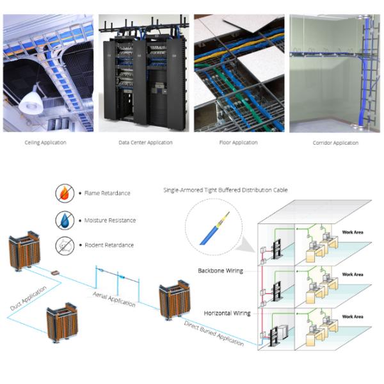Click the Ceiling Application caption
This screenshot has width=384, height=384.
[x=45, y=143]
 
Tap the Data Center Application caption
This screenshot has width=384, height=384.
[x=145, y=143]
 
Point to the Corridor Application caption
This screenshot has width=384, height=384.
[x=335, y=143]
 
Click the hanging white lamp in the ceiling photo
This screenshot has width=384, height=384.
[x=31, y=100]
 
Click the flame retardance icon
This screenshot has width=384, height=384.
[x=65, y=192]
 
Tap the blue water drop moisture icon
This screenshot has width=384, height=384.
[x=65, y=219]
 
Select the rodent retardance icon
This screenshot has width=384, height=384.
[x=65, y=244]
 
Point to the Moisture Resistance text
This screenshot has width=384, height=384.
[x=111, y=220]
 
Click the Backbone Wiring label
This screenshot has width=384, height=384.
[x=220, y=271]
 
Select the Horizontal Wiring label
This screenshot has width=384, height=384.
[x=226, y=313]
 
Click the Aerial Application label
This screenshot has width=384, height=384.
[x=115, y=297]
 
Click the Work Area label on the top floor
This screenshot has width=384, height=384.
[x=353, y=232]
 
